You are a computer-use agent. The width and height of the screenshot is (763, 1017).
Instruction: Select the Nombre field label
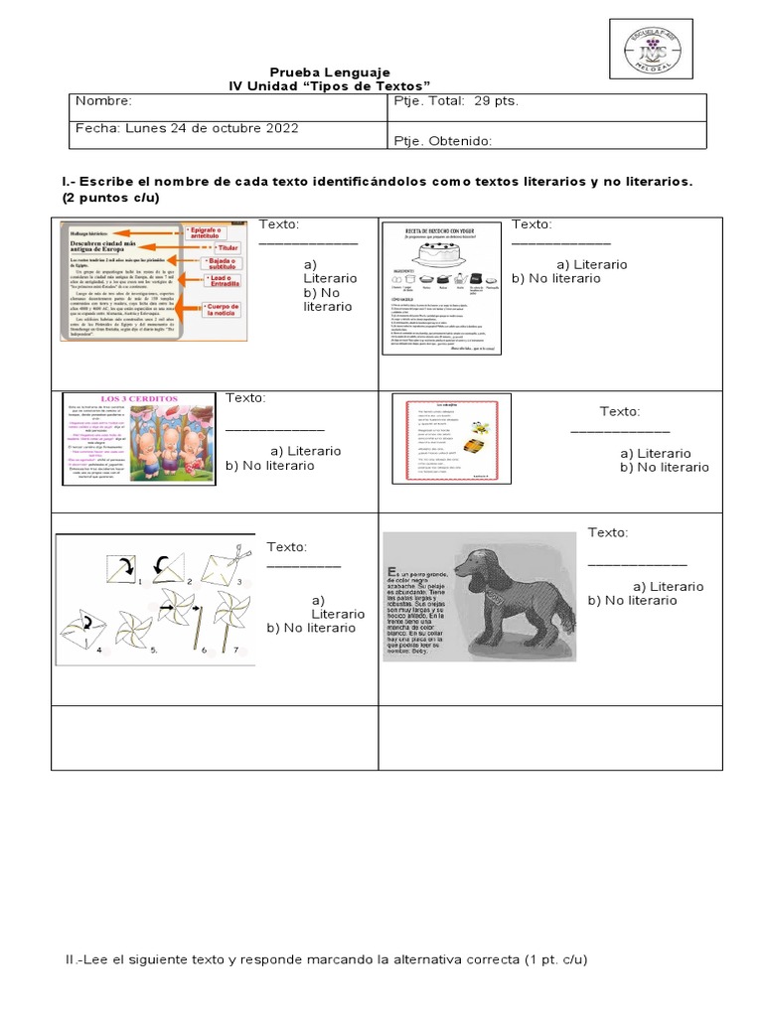point(103,101)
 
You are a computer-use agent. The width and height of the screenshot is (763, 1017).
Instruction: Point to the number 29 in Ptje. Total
point(484,101)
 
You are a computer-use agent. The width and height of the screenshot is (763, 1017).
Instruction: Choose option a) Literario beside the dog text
point(668,586)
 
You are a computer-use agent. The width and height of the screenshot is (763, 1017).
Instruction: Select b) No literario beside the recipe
point(556,278)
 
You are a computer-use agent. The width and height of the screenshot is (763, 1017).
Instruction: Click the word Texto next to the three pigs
point(246,398)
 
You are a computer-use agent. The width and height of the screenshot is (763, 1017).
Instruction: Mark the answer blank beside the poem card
point(619,432)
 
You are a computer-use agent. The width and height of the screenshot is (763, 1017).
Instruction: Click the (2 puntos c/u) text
point(110,198)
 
